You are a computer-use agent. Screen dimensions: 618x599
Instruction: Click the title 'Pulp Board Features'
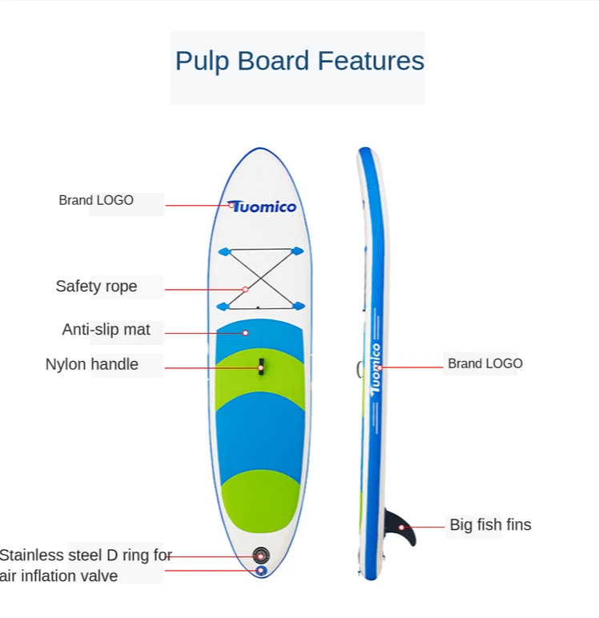pos(299,62)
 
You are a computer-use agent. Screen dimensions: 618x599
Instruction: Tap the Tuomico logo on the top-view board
pos(262,207)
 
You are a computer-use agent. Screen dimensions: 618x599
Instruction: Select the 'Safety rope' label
pos(96,287)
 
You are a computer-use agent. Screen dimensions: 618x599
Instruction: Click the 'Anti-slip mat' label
pos(106,330)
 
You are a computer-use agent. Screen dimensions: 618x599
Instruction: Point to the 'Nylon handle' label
pos(91,365)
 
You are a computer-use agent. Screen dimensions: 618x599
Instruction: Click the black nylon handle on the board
pos(261,367)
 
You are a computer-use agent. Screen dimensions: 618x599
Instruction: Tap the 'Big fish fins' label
pos(490,525)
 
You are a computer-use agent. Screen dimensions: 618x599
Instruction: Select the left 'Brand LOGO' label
pos(96,200)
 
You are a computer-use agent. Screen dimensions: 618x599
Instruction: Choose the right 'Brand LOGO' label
pos(484,363)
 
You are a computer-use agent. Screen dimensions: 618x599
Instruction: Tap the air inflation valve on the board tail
pos(260,555)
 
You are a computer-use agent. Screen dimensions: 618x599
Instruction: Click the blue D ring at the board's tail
pos(261,571)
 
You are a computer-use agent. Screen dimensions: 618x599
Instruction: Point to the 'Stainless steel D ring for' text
pos(86,555)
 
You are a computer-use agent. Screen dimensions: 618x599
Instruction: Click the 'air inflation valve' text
pos(59,576)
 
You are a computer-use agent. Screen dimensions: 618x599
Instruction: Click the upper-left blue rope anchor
pos(223,251)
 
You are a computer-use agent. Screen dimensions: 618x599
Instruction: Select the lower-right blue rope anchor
pos(298,306)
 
